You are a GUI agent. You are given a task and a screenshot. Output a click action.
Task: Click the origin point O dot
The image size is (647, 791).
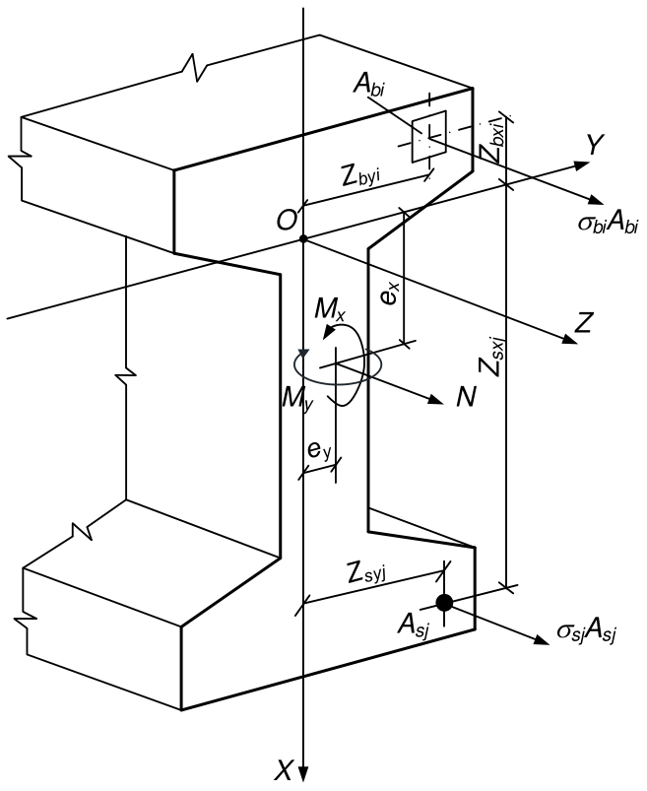click(303, 238)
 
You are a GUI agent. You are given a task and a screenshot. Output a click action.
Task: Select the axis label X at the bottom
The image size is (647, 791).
click(285, 770)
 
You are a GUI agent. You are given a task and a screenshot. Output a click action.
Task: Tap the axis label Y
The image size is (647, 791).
click(595, 145)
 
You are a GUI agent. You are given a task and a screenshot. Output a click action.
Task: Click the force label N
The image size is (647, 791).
click(466, 397)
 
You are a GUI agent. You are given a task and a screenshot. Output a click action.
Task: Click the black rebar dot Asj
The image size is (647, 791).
click(444, 602)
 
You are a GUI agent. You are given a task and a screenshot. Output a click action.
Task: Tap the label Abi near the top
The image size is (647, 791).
click(369, 85)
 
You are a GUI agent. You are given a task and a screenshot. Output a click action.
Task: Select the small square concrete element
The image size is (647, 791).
click(429, 136)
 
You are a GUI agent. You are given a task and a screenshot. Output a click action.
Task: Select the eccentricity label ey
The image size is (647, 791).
click(319, 449)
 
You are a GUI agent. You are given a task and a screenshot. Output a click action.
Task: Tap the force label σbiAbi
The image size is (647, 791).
click(608, 223)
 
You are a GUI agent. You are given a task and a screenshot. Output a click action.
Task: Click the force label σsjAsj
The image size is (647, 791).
click(587, 633)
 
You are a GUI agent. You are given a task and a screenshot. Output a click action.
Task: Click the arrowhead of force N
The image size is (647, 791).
click(435, 399)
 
